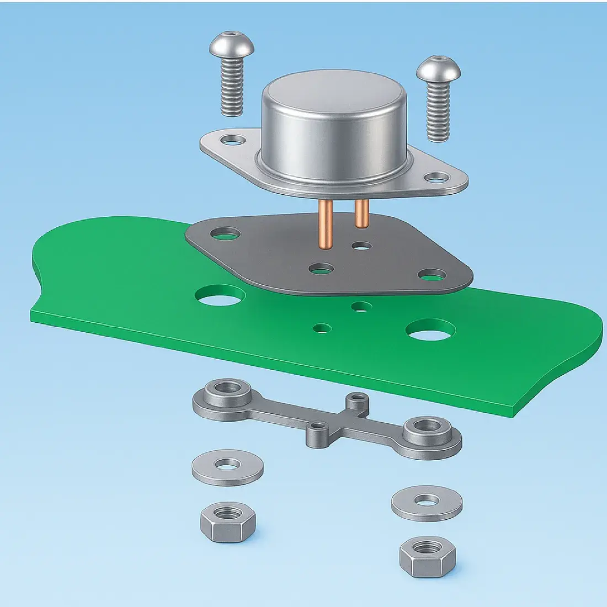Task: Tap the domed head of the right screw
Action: (x=438, y=68)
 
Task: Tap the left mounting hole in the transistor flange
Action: (x=232, y=140)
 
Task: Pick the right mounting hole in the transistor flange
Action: (x=437, y=178)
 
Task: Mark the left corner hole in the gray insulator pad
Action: (x=225, y=234)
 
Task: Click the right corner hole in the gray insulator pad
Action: (x=432, y=274)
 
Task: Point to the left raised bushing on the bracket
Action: (x=226, y=391)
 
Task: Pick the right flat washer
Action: (x=427, y=503)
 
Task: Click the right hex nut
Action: (x=428, y=555)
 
